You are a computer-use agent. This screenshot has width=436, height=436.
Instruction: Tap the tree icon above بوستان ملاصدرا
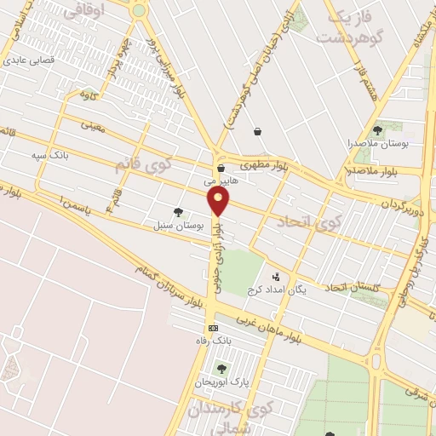[x=377, y=130]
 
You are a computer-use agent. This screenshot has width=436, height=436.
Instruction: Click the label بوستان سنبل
[x=178, y=227]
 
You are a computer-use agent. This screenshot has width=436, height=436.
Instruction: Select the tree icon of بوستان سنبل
[x=177, y=213]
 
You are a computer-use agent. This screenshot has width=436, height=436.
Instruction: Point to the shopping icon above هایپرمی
[x=221, y=168]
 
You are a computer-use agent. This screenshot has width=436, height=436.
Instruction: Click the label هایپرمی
[x=221, y=181]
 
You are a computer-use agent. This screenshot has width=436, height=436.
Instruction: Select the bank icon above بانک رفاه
[x=212, y=328]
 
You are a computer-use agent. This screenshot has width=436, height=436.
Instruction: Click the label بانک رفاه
[x=213, y=341]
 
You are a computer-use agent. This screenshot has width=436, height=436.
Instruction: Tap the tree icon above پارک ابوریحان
[x=222, y=369]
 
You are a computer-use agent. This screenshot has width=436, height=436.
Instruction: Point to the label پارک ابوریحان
[x=222, y=382]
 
